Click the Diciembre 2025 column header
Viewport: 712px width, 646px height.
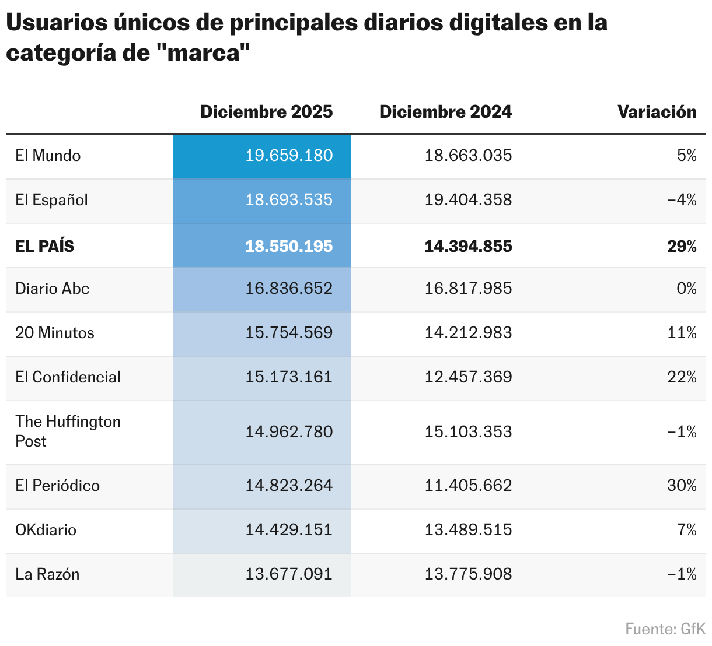266,112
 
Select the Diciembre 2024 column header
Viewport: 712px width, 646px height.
445,112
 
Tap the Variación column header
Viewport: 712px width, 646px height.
657,112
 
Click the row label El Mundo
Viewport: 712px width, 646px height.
48,156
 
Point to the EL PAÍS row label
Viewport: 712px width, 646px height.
45,246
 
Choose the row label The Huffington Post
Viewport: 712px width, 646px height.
68,431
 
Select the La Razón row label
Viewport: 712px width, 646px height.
47,574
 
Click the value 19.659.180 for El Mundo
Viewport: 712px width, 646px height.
289,156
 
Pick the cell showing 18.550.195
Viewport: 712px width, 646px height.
289,246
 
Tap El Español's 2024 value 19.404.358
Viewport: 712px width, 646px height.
468,200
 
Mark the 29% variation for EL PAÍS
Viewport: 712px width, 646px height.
682,246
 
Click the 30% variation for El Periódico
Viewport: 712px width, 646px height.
682,486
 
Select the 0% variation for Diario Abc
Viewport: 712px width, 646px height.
686,289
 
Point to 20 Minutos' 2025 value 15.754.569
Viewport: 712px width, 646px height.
289,333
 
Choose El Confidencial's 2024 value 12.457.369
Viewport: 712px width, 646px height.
468,377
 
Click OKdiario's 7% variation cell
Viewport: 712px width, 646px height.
687,530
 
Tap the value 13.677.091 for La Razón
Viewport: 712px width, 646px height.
289,574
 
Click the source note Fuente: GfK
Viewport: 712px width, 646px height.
665,629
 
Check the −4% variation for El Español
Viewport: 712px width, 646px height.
682,200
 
